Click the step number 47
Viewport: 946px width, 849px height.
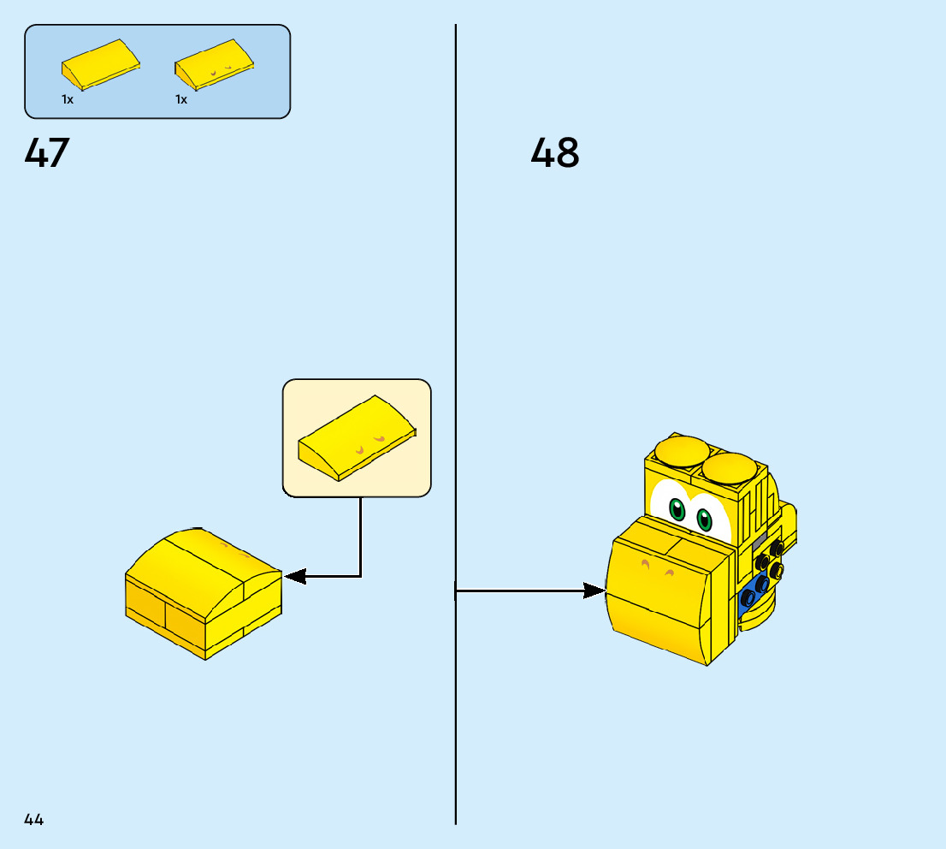(47, 153)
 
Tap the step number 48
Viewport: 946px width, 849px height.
(555, 154)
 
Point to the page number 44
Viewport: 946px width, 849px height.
(34, 820)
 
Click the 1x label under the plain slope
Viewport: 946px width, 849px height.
(68, 99)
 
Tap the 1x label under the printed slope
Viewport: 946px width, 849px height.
(181, 99)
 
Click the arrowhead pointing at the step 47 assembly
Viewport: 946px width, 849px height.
(294, 577)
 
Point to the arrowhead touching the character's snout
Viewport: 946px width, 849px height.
(595, 591)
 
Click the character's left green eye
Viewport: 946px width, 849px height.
(677, 511)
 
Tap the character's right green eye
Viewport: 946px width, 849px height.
(704, 519)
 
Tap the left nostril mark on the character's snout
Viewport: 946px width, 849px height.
(646, 565)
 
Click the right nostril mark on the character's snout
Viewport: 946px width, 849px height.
(670, 572)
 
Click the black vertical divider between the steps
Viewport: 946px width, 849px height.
(455, 342)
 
